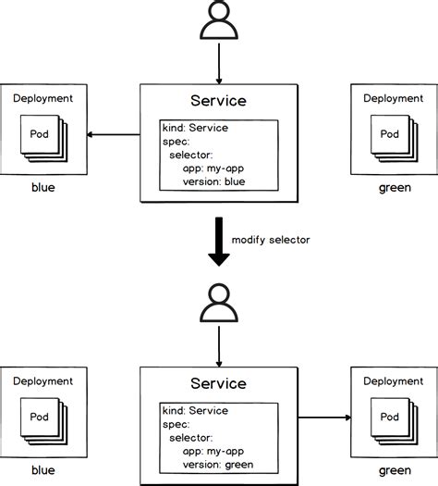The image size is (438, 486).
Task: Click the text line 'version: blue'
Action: [215, 181]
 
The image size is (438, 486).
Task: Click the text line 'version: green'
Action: [218, 465]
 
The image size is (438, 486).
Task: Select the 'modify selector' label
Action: [270, 240]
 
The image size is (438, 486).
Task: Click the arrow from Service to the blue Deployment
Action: [112, 136]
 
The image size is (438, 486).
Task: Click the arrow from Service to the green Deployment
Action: [324, 418]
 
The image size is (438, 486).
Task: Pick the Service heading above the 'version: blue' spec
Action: [218, 101]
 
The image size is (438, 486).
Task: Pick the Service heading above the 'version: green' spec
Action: [218, 383]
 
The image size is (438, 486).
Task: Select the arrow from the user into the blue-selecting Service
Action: [218, 64]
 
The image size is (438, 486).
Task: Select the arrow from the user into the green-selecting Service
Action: [218, 346]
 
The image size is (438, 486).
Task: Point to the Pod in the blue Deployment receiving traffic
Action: [41, 134]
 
